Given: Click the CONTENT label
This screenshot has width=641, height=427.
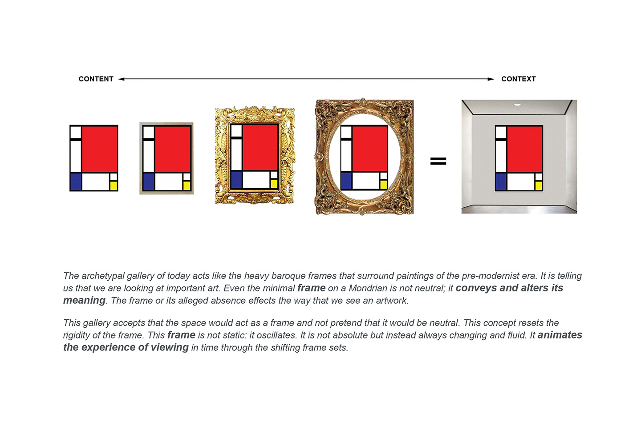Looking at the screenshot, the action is click(x=96, y=79).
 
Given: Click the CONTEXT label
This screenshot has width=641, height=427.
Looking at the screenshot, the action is click(x=519, y=79).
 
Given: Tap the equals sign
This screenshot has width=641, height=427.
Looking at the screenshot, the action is click(x=438, y=161).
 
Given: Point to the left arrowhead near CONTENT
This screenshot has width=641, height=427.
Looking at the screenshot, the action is click(x=122, y=79).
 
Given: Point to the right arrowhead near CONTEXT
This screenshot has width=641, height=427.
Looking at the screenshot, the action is click(x=491, y=79).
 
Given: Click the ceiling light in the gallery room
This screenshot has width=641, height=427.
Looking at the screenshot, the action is click(x=517, y=105).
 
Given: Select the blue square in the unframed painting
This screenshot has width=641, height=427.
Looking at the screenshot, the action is click(x=76, y=182).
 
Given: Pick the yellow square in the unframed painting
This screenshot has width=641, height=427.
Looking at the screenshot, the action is click(x=114, y=186).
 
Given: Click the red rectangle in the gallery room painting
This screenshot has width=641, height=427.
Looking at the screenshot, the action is click(x=525, y=149).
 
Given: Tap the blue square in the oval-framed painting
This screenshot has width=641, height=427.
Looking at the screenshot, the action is click(x=346, y=181).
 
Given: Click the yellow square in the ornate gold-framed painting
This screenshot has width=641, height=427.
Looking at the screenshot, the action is click(x=274, y=184).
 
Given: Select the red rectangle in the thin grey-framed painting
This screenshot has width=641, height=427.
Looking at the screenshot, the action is click(x=173, y=149).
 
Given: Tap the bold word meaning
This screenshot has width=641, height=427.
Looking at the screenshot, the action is click(x=84, y=301).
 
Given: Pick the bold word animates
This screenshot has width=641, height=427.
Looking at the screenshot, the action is click(x=560, y=335).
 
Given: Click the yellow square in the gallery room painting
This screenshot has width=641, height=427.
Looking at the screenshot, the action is click(x=539, y=186).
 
